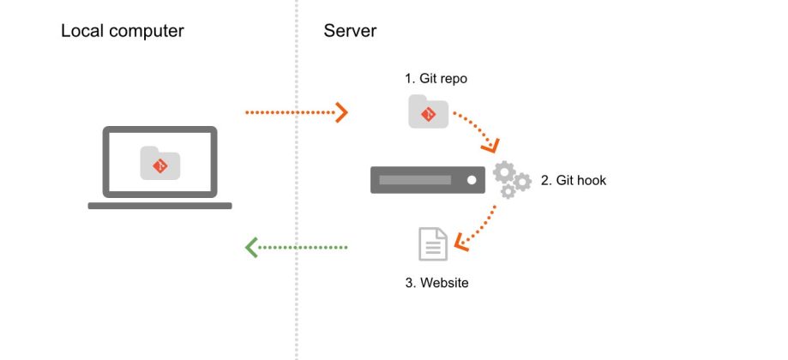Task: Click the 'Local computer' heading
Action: click(122, 32)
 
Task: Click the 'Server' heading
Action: click(350, 32)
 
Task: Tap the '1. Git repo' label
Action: click(436, 79)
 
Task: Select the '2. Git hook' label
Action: click(573, 181)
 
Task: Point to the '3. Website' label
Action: click(436, 282)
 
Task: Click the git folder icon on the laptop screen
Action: click(160, 163)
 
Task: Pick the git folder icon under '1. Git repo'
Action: click(428, 112)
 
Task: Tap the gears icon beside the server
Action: click(511, 178)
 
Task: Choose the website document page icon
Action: click(433, 244)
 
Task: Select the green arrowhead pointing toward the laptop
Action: click(251, 248)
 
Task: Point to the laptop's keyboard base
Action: click(159, 206)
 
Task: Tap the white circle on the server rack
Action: click(471, 180)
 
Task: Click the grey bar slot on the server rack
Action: click(415, 180)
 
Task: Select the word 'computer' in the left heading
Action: click(152, 32)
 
